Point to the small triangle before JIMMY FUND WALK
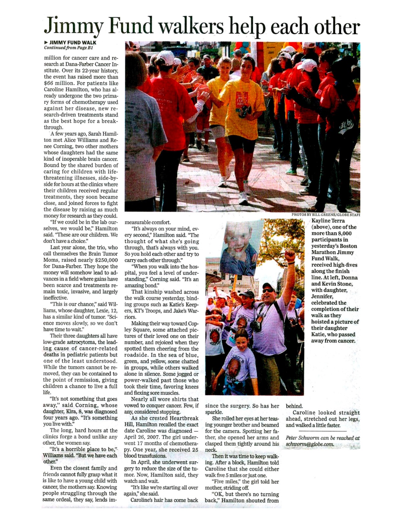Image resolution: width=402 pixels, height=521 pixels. point(46,42)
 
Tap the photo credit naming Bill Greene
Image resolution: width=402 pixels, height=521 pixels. point(325,215)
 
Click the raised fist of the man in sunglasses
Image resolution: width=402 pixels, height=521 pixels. point(290,256)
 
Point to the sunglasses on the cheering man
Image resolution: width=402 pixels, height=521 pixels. point(269,291)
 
